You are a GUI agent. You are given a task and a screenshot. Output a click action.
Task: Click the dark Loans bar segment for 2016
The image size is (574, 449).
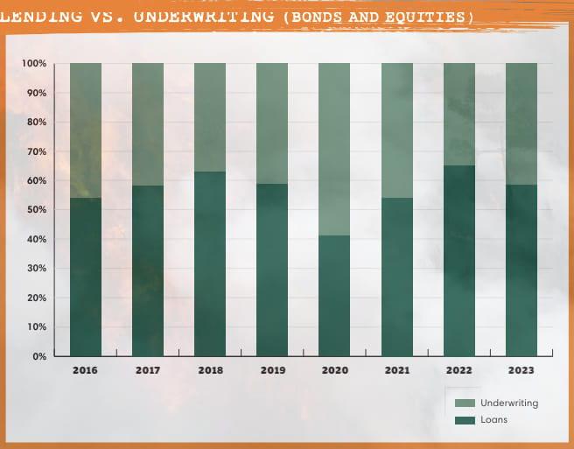pyautogui.click(x=86, y=277)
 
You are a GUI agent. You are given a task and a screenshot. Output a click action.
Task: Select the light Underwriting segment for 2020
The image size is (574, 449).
pyautogui.click(x=334, y=149)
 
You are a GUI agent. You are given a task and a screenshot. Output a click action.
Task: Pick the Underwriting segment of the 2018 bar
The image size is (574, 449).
pyautogui.click(x=210, y=117)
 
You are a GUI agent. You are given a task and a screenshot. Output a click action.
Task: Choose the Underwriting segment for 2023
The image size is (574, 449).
pyautogui.click(x=521, y=123)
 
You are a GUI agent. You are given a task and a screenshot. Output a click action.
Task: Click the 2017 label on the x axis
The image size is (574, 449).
pyautogui.click(x=148, y=370)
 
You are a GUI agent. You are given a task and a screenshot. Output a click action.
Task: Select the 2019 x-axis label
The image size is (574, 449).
pyautogui.click(x=272, y=370)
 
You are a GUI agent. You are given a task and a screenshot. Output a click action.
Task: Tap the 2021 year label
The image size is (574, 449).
pyautogui.click(x=397, y=370)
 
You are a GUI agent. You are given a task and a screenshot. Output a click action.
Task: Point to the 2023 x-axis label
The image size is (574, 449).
pyautogui.click(x=521, y=370)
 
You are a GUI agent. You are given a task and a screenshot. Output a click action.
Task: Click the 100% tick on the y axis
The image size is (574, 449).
pyautogui.click(x=34, y=64)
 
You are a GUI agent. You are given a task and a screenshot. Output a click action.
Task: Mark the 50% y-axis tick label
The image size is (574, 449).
pyautogui.click(x=36, y=210)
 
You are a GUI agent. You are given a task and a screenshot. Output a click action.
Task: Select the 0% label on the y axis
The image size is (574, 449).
pyautogui.click(x=39, y=356)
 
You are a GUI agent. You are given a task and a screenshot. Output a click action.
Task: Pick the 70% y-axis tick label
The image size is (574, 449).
pyautogui.click(x=36, y=151)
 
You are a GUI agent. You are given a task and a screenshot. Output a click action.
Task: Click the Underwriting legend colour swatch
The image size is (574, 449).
pyautogui.click(x=464, y=403)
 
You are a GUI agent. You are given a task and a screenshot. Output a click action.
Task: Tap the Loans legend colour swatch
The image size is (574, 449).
pyautogui.click(x=464, y=420)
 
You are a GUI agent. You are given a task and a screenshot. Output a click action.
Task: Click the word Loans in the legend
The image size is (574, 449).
pyautogui.click(x=493, y=420)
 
